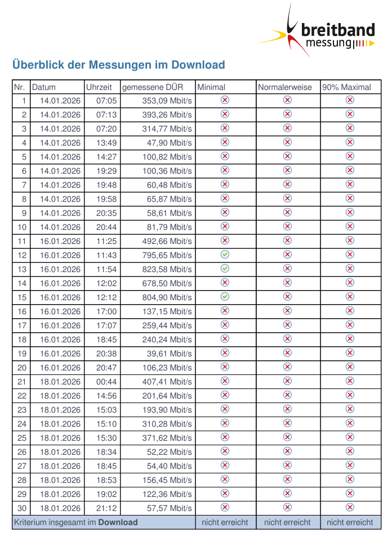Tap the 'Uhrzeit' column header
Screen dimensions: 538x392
[99, 87]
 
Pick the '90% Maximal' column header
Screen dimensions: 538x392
[346, 87]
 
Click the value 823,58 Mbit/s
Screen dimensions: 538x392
[167, 269]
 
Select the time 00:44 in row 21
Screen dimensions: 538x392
[106, 382]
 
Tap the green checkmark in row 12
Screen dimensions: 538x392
[225, 255]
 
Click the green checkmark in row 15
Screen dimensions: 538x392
[225, 297]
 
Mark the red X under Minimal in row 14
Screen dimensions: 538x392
[225, 283]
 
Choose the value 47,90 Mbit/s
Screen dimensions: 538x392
[170, 143]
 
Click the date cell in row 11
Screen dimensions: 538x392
[60, 241]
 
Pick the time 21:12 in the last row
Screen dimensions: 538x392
[106, 508]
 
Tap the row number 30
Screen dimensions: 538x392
[22, 508]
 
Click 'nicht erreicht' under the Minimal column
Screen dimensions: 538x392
[225, 522]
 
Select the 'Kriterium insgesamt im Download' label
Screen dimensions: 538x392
[75, 522]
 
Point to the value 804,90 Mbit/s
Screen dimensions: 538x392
[167, 297]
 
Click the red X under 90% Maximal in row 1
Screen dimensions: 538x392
[350, 100]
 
